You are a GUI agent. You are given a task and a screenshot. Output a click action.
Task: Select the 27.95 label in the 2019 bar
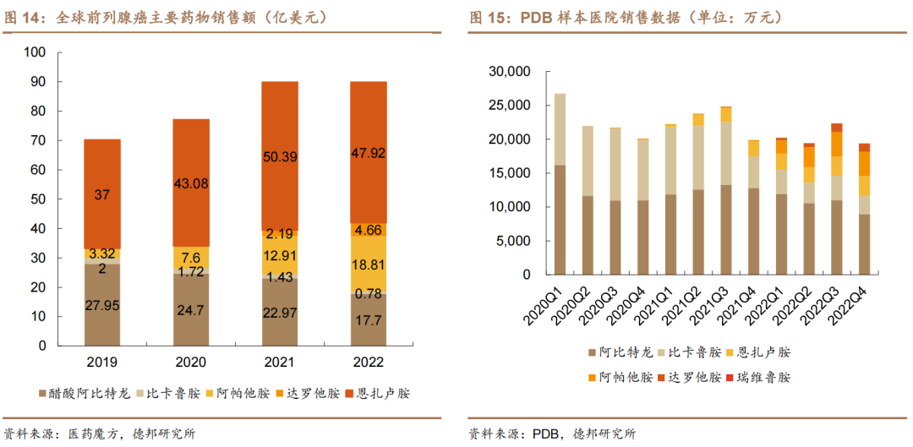pos(102,304)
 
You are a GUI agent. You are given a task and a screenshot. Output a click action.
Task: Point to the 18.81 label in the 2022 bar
pos(369,264)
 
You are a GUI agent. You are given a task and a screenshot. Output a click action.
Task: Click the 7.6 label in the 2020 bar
pos(191,258)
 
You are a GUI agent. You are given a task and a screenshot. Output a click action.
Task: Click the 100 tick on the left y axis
pos(35,52)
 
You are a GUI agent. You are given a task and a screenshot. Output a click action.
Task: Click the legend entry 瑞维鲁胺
pos(766,377)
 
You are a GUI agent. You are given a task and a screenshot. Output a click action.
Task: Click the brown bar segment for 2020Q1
pos(560,220)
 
